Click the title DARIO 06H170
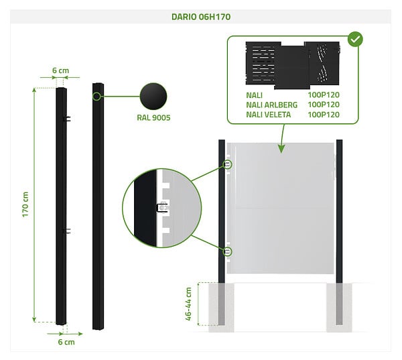[201, 17]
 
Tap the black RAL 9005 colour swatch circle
[153, 97]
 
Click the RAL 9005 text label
[153, 117]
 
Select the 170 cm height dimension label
[25, 204]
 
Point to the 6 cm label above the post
[60, 70]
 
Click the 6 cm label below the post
[66, 342]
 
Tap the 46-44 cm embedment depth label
[188, 304]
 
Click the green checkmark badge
[355, 40]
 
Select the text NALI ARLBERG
[272, 105]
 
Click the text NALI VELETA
[269, 115]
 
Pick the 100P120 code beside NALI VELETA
[324, 115]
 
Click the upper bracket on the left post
[67, 119]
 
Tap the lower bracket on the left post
[67, 231]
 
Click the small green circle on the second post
[96, 97]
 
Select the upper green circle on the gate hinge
[228, 164]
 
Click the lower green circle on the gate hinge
[228, 251]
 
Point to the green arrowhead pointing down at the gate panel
[281, 149]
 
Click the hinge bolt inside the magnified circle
[162, 208]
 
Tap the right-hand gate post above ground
[339, 211]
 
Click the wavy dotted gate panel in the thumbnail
[322, 64]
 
